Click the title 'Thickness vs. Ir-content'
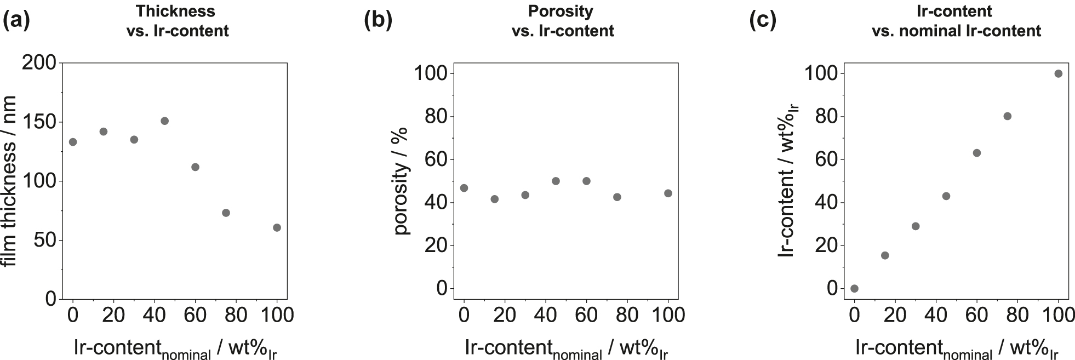pyautogui.click(x=177, y=21)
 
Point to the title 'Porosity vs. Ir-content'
pyautogui.click(x=563, y=21)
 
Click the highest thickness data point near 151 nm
pyautogui.click(x=164, y=121)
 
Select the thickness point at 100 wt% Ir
pyautogui.click(x=277, y=227)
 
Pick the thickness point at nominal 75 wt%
pyautogui.click(x=226, y=213)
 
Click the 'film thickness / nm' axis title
pyautogui.click(x=9, y=181)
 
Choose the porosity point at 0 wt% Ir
pyautogui.click(x=464, y=188)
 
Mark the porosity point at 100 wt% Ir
pyautogui.click(x=668, y=193)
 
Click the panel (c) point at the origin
pyautogui.click(x=854, y=288)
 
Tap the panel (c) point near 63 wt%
pyautogui.click(x=976, y=153)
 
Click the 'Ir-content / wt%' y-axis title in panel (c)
pyautogui.click(x=788, y=181)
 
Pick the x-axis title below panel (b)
pyautogui.click(x=566, y=349)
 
